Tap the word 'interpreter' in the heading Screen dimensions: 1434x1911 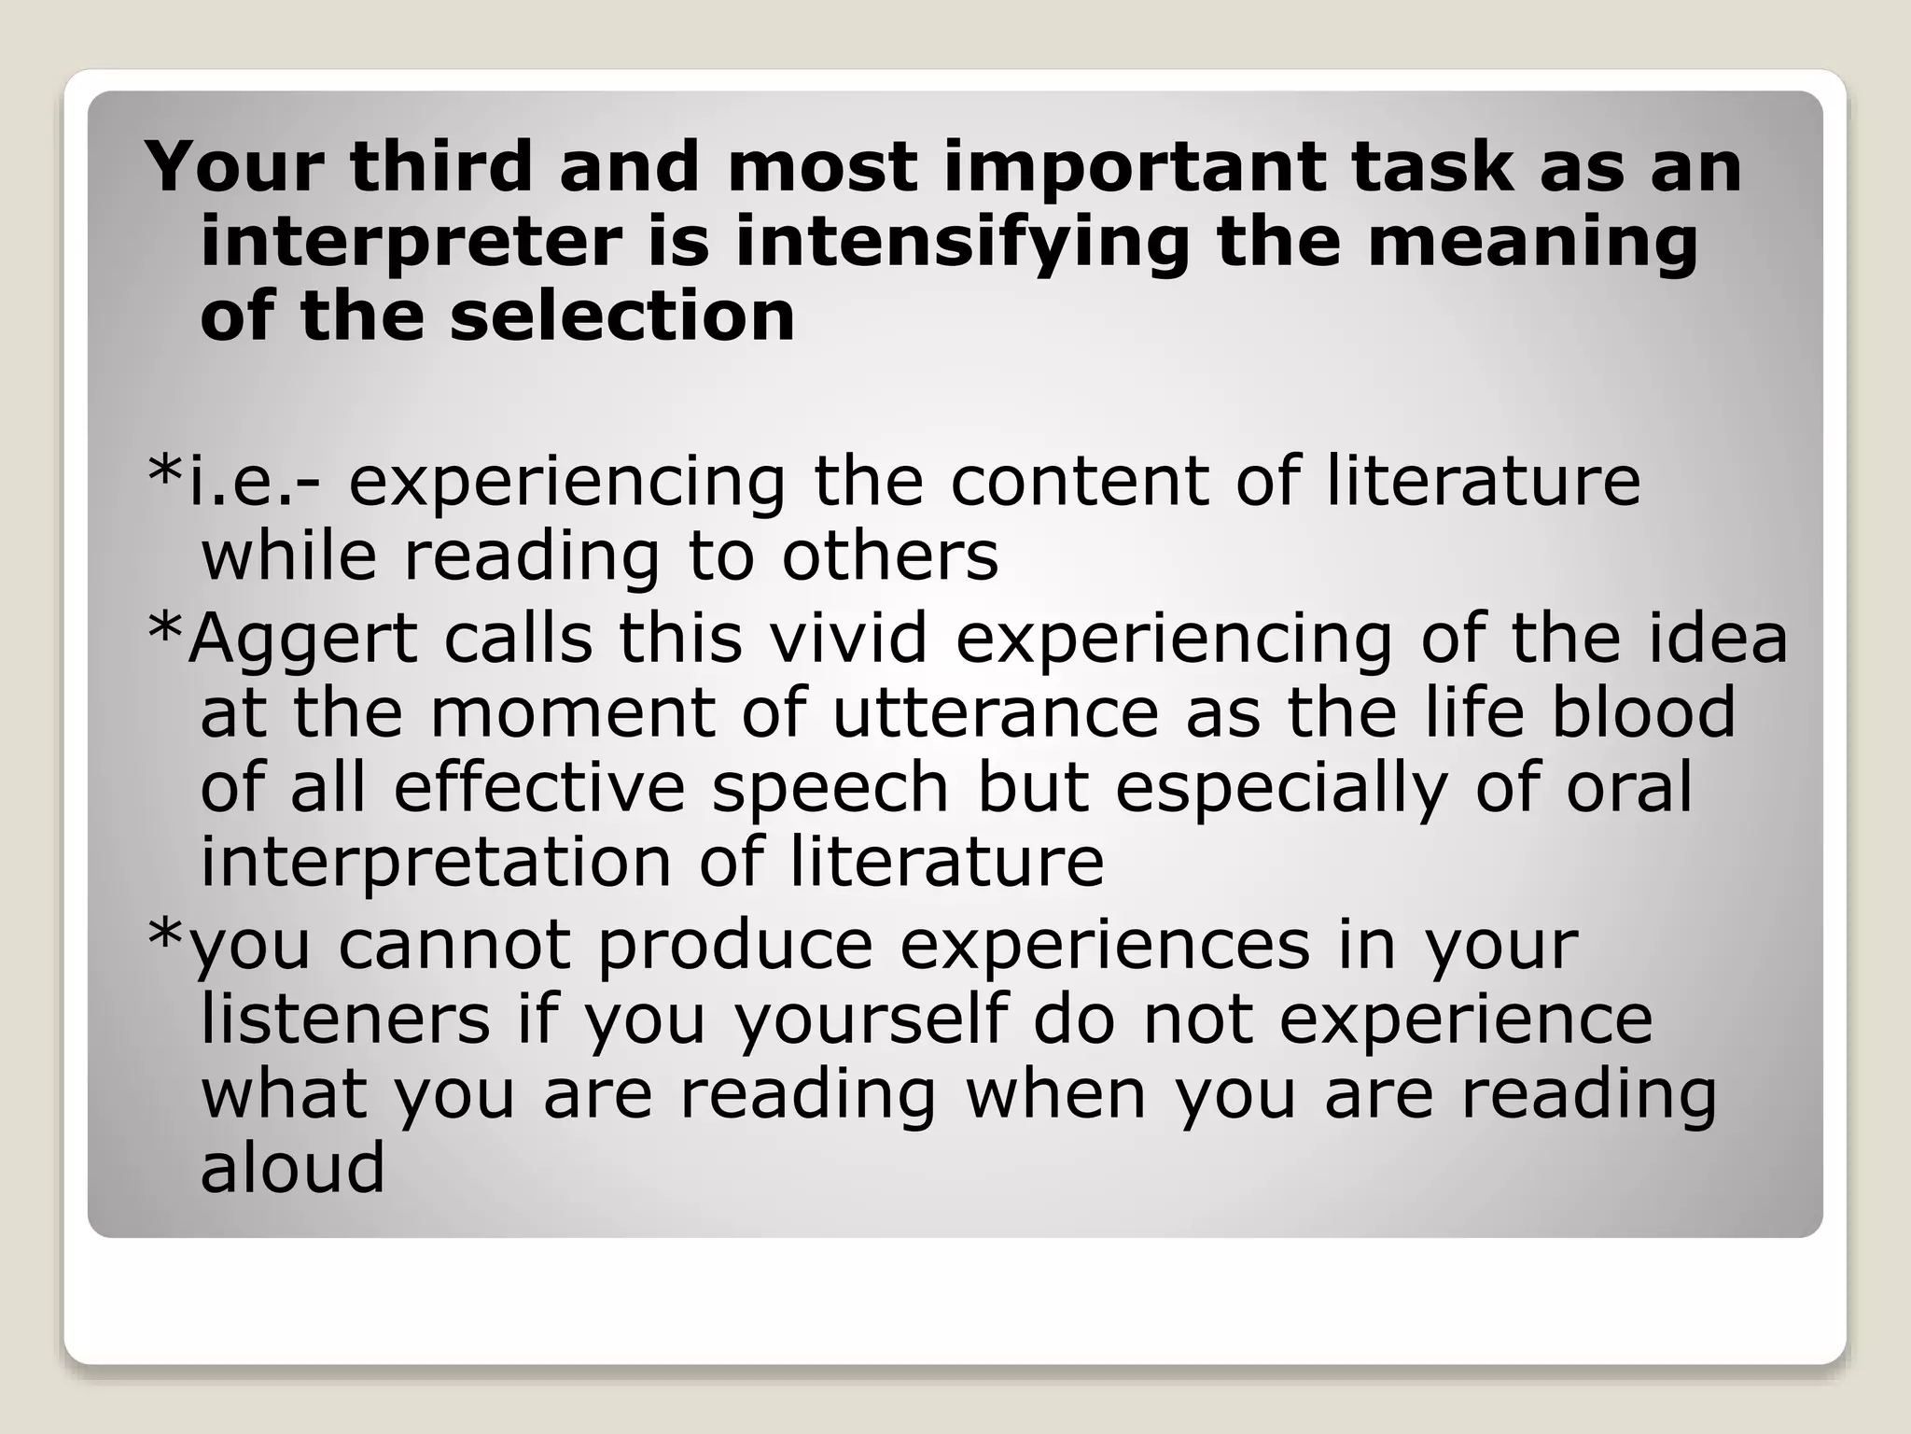click(411, 243)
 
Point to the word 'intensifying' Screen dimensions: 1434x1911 click(962, 243)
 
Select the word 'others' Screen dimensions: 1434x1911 click(889, 556)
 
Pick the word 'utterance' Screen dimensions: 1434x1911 click(995, 713)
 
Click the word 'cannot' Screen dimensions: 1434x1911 click(454, 945)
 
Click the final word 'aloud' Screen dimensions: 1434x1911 click(292, 1168)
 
